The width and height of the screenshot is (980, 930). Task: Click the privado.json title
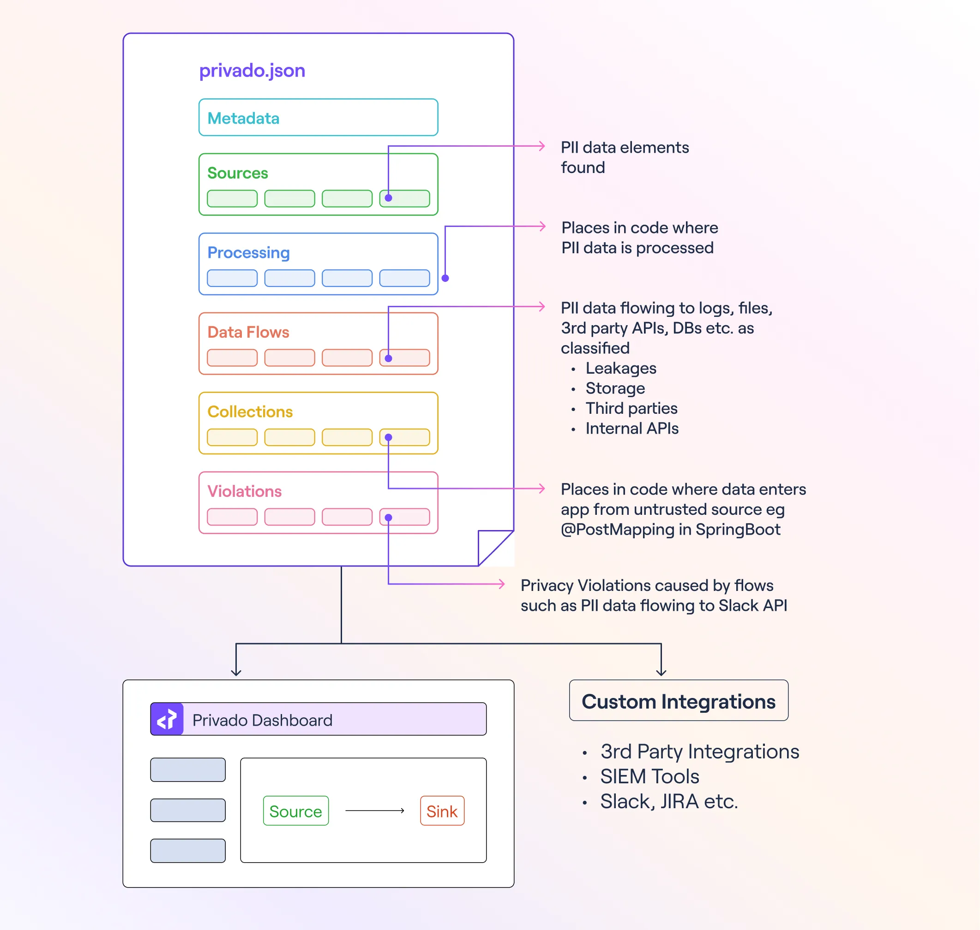click(x=252, y=71)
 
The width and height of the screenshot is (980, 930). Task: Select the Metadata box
click(x=318, y=118)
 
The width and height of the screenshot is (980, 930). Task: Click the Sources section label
click(x=238, y=173)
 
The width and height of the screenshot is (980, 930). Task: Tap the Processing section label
click(x=248, y=253)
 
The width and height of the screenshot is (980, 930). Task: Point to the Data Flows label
click(x=248, y=332)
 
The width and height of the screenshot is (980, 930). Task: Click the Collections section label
click(x=250, y=412)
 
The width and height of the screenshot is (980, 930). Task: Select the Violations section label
click(x=244, y=491)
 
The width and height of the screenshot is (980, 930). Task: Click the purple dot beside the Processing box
click(x=445, y=278)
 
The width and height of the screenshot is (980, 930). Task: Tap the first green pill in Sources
click(x=232, y=198)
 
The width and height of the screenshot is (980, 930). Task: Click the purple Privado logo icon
click(x=167, y=719)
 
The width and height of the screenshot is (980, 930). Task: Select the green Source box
click(x=295, y=811)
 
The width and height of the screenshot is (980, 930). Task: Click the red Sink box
click(x=442, y=811)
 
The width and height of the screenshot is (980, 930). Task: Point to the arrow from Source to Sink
click(x=375, y=811)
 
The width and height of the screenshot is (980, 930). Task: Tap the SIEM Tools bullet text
click(x=649, y=776)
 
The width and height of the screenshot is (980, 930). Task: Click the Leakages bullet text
click(x=620, y=368)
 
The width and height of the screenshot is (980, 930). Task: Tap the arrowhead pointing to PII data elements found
click(x=542, y=146)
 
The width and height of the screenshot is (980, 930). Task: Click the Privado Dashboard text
click(x=262, y=720)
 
